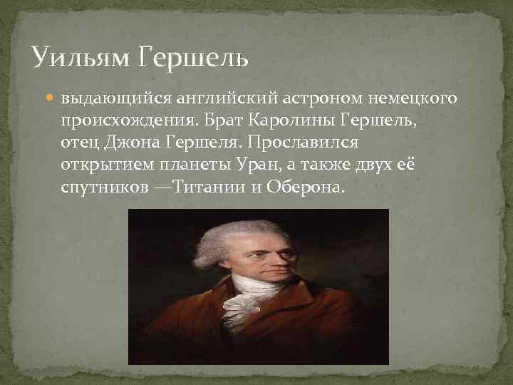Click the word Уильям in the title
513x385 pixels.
pyautogui.click(x=79, y=56)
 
